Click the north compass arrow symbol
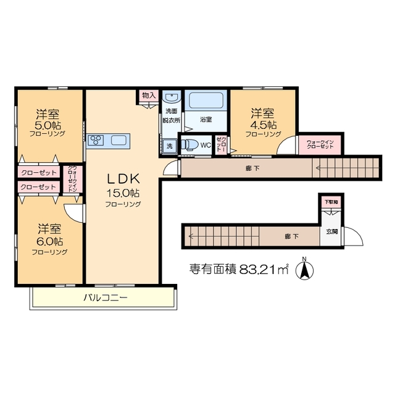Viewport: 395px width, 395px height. point(303,269)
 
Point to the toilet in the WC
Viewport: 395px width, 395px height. point(190,144)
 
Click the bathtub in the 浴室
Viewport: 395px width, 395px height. point(207,101)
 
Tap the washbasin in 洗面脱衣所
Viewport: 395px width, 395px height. point(170,99)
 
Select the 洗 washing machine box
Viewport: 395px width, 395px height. point(169,146)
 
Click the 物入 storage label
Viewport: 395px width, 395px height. point(149,95)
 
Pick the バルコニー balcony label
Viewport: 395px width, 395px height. point(105,298)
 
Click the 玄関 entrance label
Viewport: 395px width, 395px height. point(331,232)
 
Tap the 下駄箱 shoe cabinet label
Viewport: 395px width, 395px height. point(332,202)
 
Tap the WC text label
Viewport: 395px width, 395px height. point(206,146)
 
